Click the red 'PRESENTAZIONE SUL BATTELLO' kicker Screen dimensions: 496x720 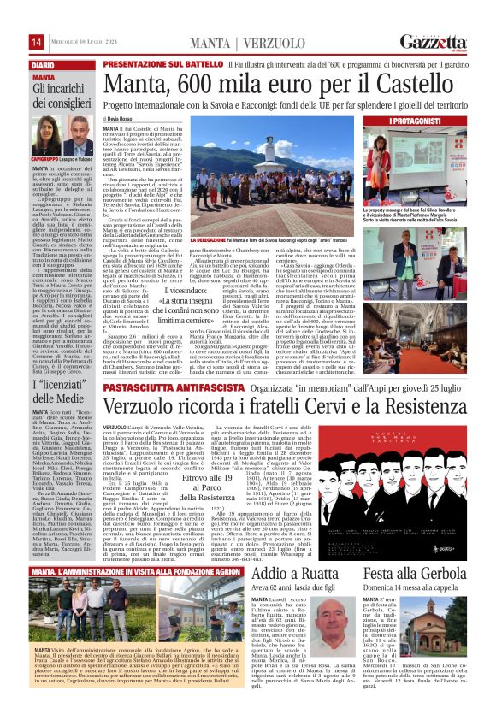tap(164, 64)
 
